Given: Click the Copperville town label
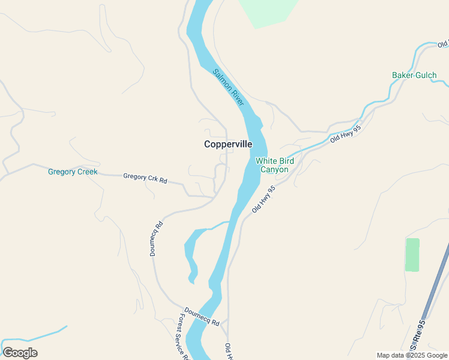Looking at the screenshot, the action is pyautogui.click(x=228, y=144).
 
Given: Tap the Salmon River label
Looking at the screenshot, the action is pyautogui.click(x=229, y=88).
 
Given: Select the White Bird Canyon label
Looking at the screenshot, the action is pyautogui.click(x=274, y=165).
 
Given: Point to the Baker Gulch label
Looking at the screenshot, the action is pyautogui.click(x=414, y=75).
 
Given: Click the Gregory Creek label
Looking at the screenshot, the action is pyautogui.click(x=73, y=172).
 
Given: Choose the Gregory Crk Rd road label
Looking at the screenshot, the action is pyautogui.click(x=145, y=178).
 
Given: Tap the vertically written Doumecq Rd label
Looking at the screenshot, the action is pyautogui.click(x=156, y=239).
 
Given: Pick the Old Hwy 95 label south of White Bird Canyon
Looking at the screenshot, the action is pyautogui.click(x=264, y=199).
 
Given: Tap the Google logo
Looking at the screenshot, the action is pyautogui.click(x=20, y=353).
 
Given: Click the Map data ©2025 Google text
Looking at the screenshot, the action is pyautogui.click(x=412, y=355).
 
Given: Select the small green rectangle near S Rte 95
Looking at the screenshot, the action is pyautogui.click(x=412, y=254).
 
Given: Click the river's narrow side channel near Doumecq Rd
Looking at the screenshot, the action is pyautogui.click(x=190, y=252).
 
